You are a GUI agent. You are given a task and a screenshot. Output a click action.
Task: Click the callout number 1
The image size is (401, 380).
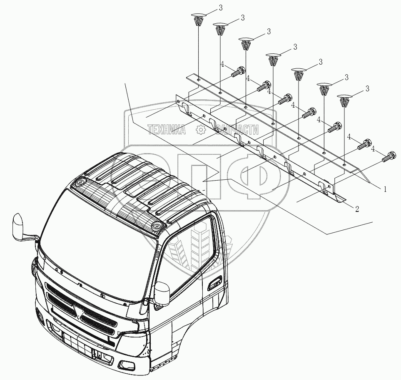pos(385,189)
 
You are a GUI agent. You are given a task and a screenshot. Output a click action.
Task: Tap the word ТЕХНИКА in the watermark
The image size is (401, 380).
pos(166,131)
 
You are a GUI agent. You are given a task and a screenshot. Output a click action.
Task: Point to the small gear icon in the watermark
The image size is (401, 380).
pos(201,131)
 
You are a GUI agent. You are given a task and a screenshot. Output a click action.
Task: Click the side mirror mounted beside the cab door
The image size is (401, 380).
pos(162,293)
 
